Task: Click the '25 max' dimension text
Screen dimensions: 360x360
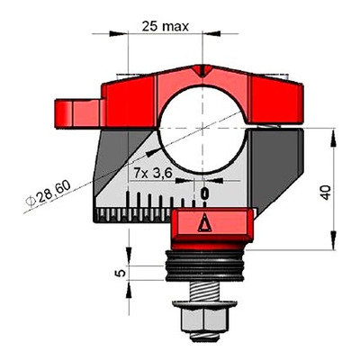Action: [166, 27]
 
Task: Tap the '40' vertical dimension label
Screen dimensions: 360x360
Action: [326, 193]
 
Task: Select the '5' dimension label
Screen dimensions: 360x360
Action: [121, 273]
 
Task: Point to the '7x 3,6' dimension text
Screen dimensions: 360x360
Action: [153, 174]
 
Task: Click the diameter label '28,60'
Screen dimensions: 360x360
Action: [54, 191]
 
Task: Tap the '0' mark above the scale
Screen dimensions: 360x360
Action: [204, 193]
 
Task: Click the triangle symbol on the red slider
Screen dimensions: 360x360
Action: [204, 222]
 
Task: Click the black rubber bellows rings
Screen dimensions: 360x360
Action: [204, 266]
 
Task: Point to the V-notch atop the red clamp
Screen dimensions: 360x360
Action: [203, 72]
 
